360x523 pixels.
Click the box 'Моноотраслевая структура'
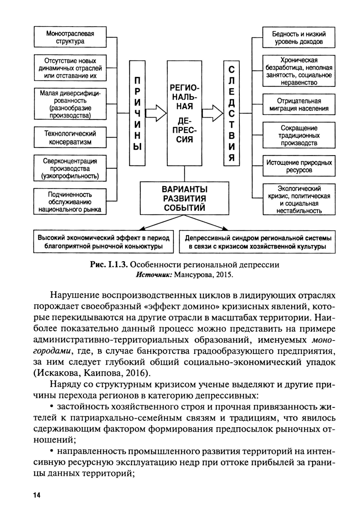coord(70,37)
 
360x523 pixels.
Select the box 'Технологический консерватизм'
coord(70,137)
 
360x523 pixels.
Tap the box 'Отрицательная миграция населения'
coord(299,105)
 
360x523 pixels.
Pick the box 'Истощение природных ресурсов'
coord(299,166)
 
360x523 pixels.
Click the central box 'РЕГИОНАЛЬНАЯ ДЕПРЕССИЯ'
coord(184,113)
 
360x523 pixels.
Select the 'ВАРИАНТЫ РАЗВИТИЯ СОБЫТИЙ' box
coord(184,198)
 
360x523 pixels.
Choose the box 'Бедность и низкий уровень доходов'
coord(299,37)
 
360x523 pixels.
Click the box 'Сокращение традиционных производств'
coord(299,135)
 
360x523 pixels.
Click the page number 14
coord(37,495)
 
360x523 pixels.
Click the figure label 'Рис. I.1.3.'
coord(109,265)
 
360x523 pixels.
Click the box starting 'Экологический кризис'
coord(299,199)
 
